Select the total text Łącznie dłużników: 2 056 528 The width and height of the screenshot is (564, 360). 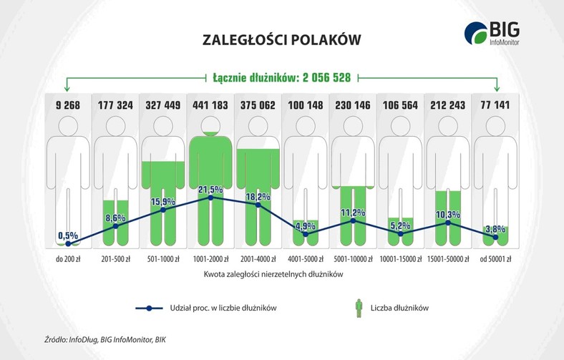[281, 77]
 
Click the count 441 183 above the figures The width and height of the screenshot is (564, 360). [210, 105]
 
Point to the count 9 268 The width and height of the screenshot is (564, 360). [68, 105]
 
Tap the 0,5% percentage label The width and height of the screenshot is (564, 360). [68, 235]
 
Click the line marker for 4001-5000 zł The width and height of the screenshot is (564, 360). [306, 234]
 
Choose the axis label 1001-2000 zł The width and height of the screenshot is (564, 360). [210, 258]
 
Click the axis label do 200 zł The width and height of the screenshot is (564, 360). [68, 258]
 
